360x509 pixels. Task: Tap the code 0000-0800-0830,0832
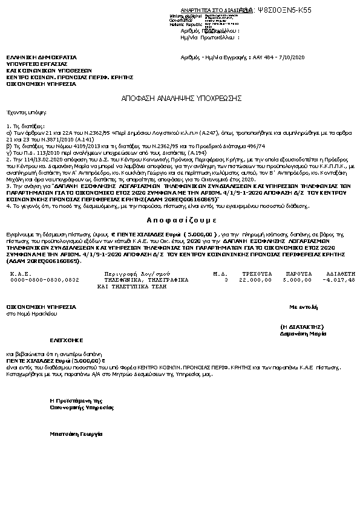(x=45, y=280)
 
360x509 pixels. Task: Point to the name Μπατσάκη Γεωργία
(x=76, y=434)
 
